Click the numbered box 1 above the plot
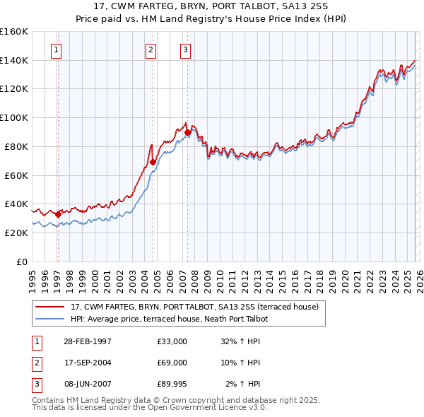pyautogui.click(x=56, y=49)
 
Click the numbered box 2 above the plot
pyautogui.click(x=151, y=49)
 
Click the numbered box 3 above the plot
pyautogui.click(x=185, y=49)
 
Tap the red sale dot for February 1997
pyautogui.click(x=58, y=214)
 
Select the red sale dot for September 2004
pyautogui.click(x=153, y=162)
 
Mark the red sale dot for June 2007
pyautogui.click(x=187, y=132)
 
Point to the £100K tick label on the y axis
pyautogui.click(x=13, y=117)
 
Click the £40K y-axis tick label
pyautogui.click(x=16, y=204)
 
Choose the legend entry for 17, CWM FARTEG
pyautogui.click(x=194, y=307)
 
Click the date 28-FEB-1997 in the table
pyautogui.click(x=87, y=341)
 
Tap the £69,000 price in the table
pyautogui.click(x=172, y=363)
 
